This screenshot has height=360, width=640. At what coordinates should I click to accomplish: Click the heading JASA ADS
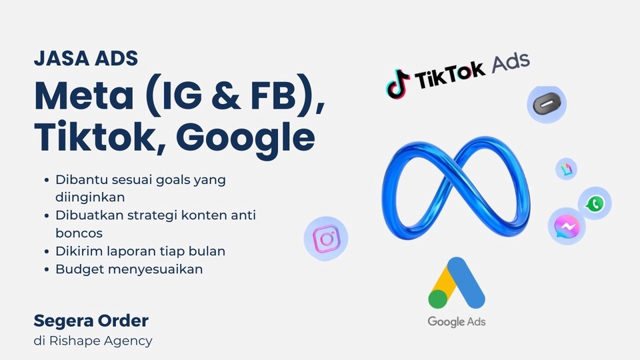[x=86, y=59]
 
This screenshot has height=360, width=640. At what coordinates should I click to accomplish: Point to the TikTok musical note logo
[x=398, y=83]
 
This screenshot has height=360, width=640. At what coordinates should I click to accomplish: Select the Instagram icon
[x=325, y=239]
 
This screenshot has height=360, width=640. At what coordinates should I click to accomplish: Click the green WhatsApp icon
[x=595, y=203]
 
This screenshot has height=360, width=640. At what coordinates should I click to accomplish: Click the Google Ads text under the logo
[x=457, y=321]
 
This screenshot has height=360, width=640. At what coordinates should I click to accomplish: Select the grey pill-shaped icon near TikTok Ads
[x=547, y=104]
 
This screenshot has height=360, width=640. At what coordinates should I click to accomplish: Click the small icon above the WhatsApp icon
[x=566, y=169]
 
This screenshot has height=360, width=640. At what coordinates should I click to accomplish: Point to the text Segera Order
[x=91, y=321]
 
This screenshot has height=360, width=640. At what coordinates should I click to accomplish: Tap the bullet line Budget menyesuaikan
[x=129, y=269]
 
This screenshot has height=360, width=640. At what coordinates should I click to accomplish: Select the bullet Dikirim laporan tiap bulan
[x=140, y=251]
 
